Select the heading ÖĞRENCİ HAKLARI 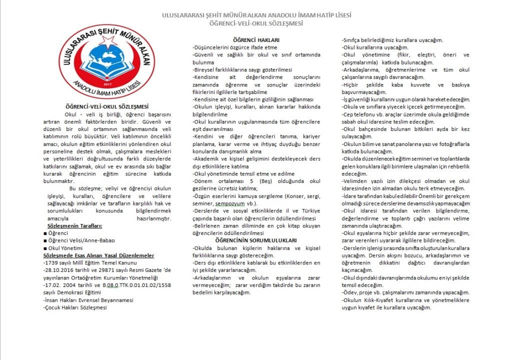(256, 40)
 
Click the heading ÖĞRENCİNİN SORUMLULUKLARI (256, 240)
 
